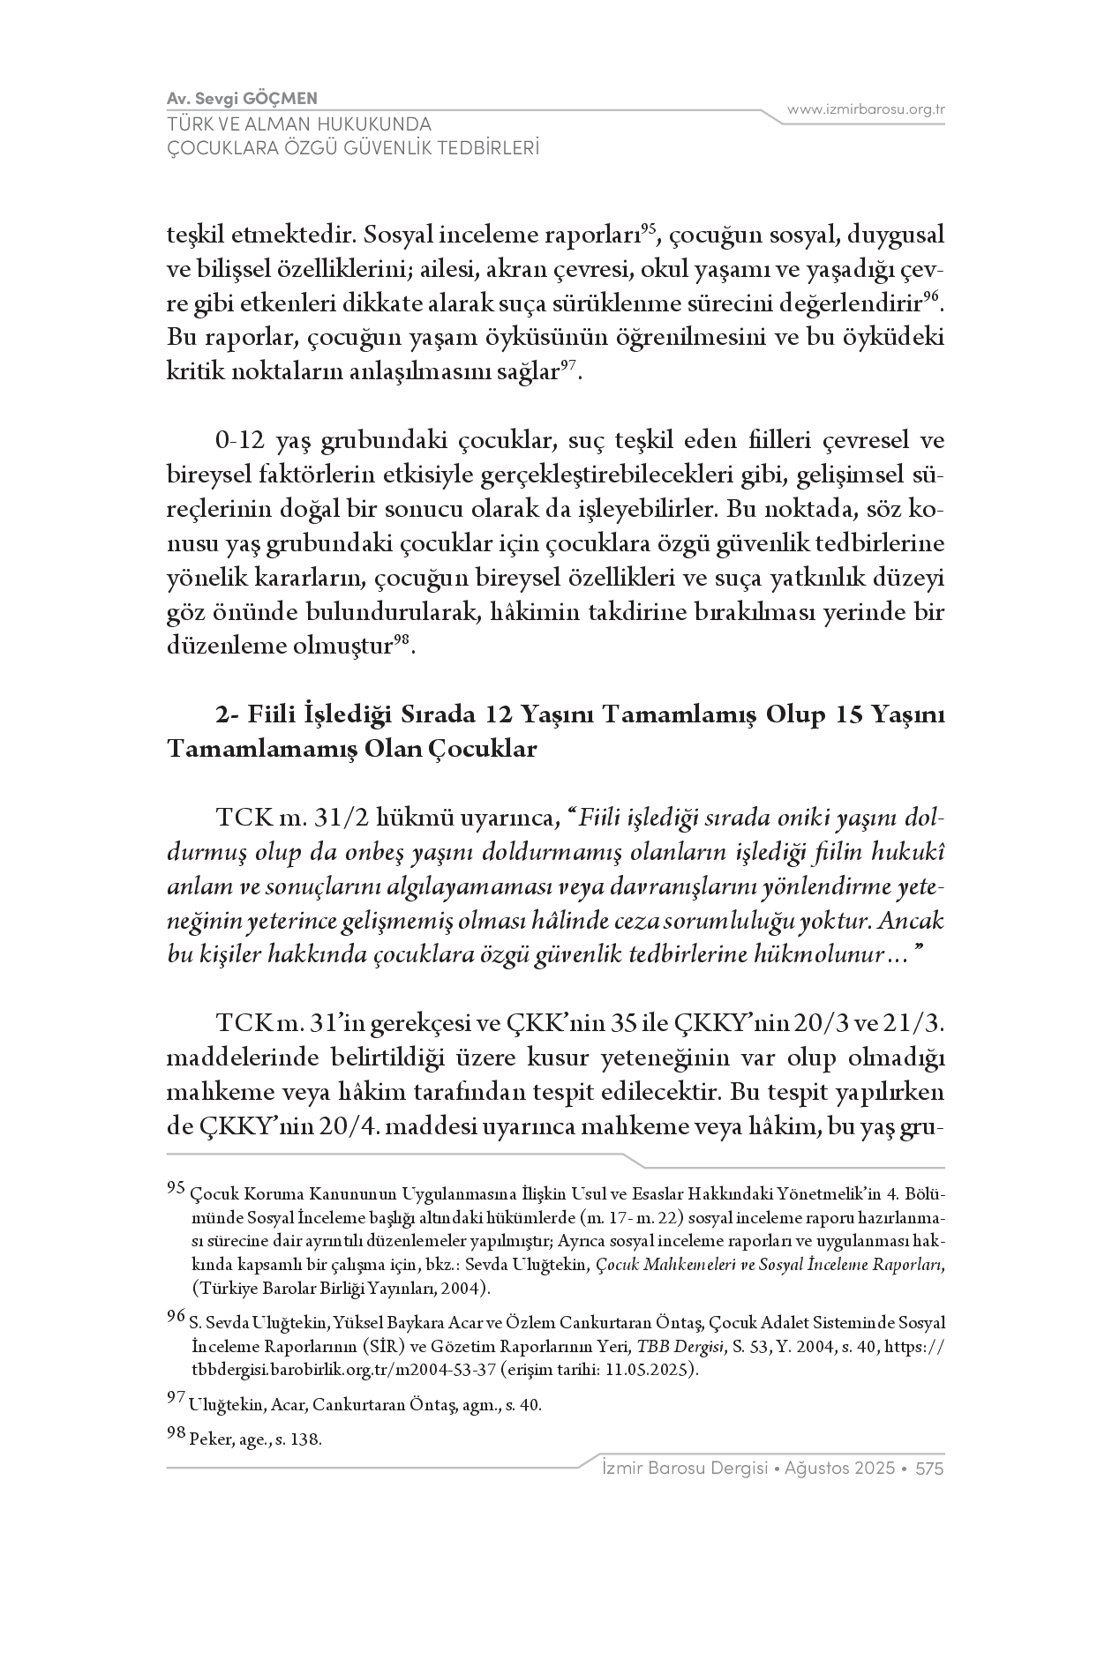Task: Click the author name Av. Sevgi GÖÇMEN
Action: [x=242, y=98]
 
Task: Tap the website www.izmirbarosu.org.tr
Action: [x=866, y=109]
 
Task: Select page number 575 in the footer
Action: [x=930, y=1469]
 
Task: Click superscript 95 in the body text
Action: [x=648, y=229]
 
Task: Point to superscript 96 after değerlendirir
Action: [x=930, y=296]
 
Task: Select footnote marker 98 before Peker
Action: [x=176, y=1433]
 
